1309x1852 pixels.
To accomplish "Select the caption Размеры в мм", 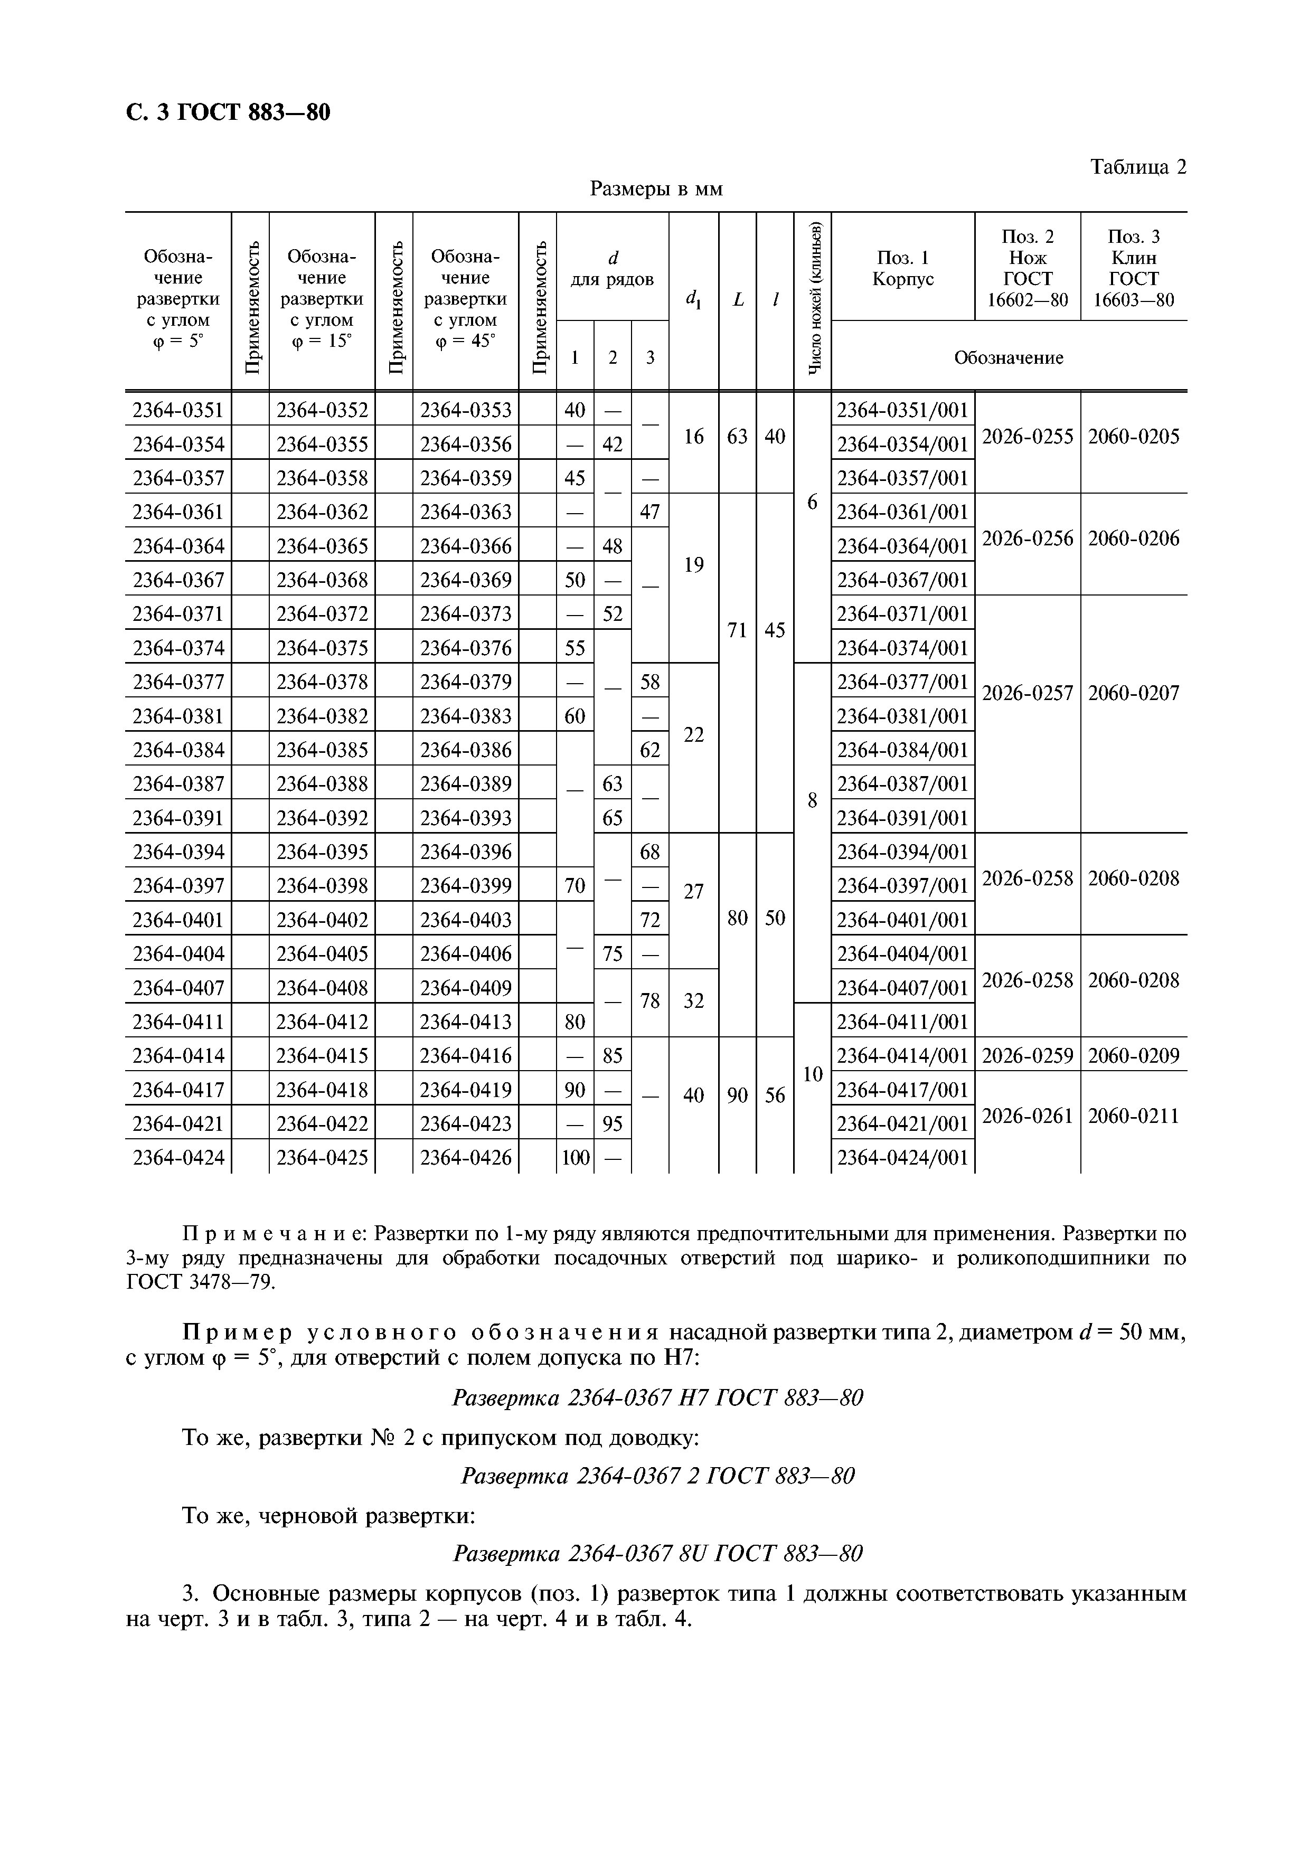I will pyautogui.click(x=656, y=189).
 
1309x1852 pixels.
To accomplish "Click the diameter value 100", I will pyautogui.click(x=575, y=1158).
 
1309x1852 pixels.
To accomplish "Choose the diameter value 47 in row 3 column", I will pyautogui.click(x=649, y=512).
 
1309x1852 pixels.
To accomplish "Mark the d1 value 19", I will pyautogui.click(x=693, y=565).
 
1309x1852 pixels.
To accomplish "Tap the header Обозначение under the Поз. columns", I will pyautogui.click(x=1008, y=357).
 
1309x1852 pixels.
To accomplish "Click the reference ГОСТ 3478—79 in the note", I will pyautogui.click(x=201, y=1282).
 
